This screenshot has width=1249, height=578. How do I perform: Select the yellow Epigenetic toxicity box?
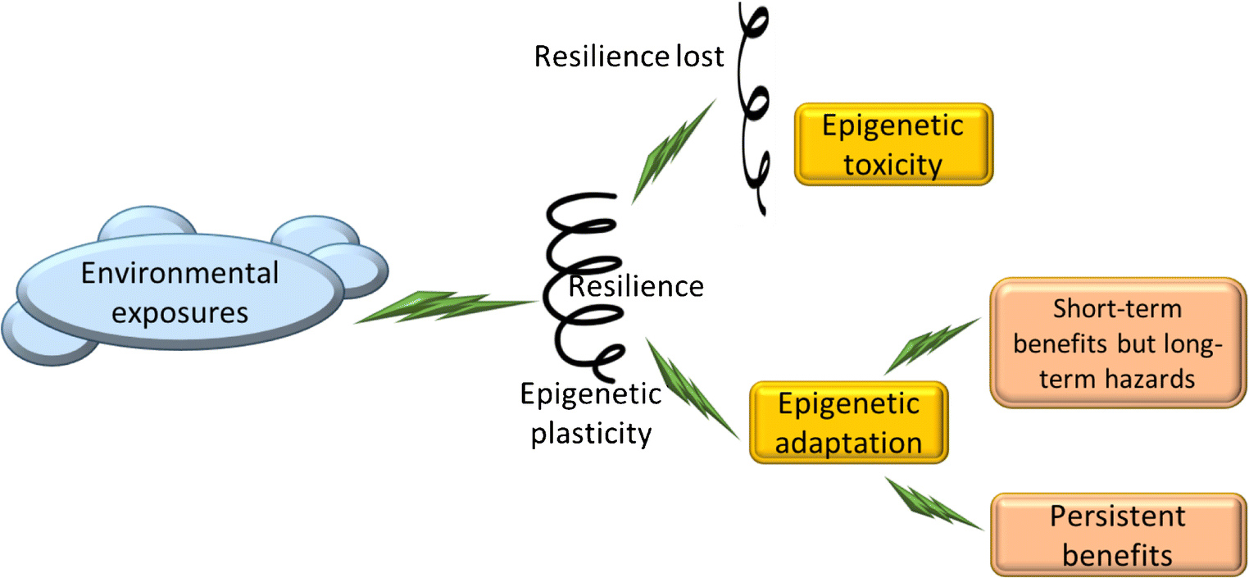pos(893,144)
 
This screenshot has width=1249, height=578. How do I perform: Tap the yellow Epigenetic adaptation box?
pos(849,423)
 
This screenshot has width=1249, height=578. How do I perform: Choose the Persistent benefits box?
pos(1118,535)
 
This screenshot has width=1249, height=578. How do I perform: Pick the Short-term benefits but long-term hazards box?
pos(1118,343)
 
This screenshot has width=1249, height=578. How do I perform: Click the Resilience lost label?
pos(629,57)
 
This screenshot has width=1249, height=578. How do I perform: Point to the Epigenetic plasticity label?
pos(591,413)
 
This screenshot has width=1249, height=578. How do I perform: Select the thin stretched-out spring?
pos(755,107)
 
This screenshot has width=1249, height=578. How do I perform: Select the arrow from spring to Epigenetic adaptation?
pos(693,389)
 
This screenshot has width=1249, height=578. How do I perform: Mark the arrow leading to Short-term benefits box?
pos(932,345)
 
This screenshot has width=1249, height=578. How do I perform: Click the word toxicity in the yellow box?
pos(893,165)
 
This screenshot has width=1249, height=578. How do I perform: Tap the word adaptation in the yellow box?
pos(849,444)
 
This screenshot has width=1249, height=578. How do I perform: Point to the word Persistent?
pos(1118,516)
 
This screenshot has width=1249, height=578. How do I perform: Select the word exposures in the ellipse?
pos(179,312)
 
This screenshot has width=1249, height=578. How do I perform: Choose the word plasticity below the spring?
pos(591,433)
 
